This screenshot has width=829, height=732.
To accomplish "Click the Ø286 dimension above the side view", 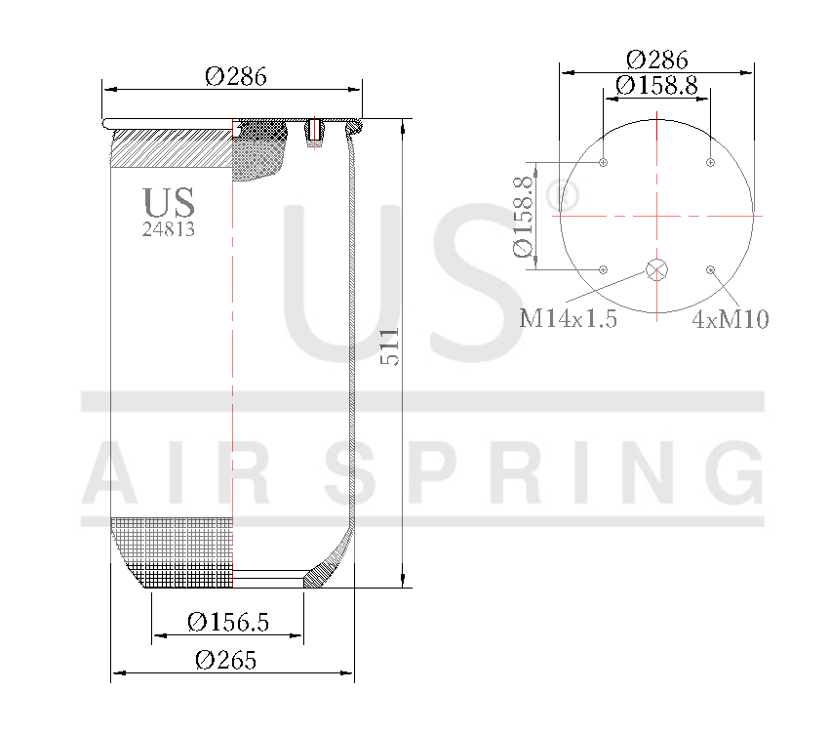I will pos(235,75).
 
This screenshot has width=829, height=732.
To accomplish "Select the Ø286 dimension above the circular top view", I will pos(656,59).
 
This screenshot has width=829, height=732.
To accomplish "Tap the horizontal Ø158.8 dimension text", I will pos(656,86).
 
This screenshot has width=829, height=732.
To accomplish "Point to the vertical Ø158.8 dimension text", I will pos(524,217).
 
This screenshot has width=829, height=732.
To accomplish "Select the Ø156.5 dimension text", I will pos(227,622).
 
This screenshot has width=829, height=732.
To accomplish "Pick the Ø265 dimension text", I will pos(225,660).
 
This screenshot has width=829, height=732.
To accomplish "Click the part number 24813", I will pos(169,230).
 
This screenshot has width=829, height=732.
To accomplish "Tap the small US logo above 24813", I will pos(169,202).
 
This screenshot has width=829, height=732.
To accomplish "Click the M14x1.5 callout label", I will pos(568,319).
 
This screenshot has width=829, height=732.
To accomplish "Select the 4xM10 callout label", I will pos(730,319).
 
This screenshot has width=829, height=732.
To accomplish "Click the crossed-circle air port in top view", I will pos(657,270).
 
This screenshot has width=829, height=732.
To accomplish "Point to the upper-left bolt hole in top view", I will pos(605,162).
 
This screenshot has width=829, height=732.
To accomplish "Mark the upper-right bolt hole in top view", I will pos(711,162).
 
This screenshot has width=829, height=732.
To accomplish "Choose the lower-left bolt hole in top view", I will pos(605,269).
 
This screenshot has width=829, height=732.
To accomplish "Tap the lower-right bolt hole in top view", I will pos(711,269).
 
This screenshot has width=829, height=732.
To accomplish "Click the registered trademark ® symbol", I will pos(563,196).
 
